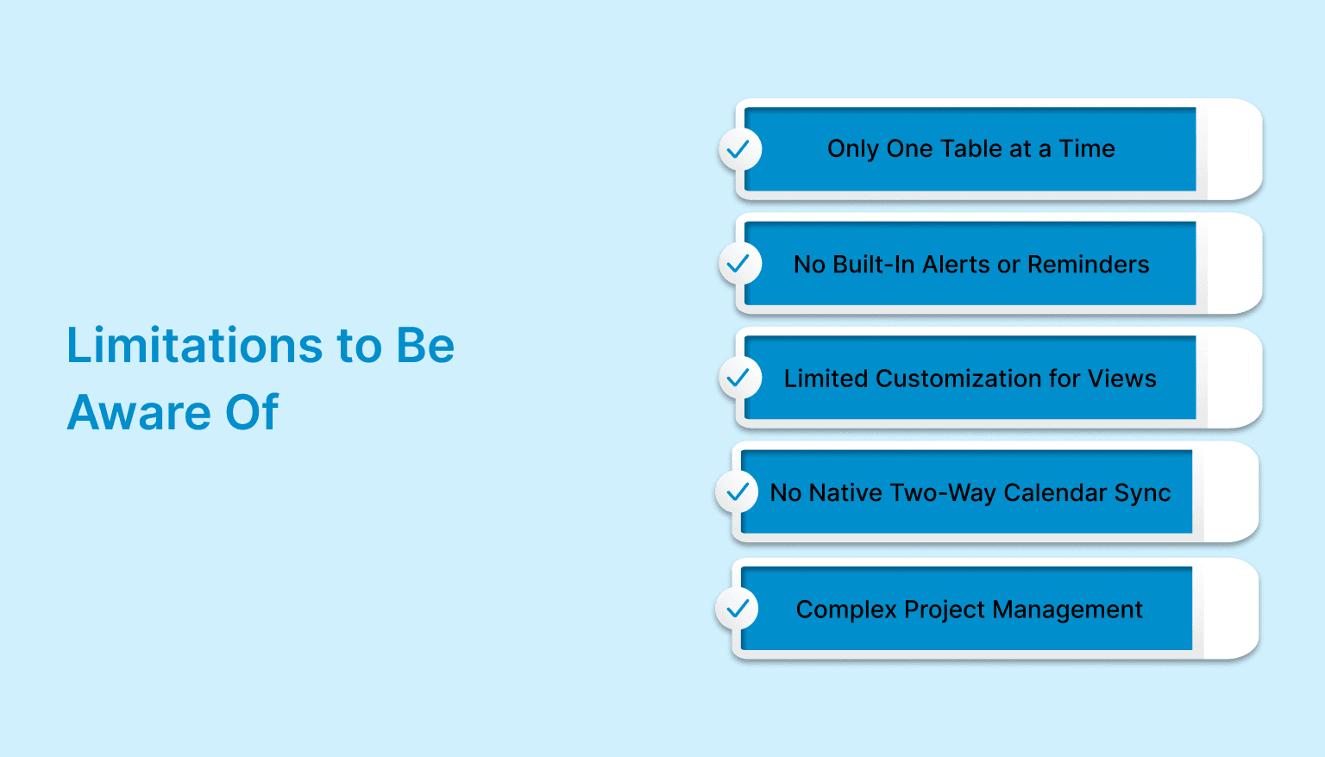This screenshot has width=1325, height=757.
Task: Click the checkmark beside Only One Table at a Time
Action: click(x=739, y=150)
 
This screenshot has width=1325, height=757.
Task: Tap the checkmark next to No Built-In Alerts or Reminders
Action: click(x=739, y=264)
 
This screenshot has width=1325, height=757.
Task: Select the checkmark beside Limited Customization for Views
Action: click(x=739, y=378)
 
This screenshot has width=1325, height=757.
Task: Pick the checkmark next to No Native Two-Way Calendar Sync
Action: click(x=737, y=492)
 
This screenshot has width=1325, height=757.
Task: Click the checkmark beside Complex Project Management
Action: click(x=737, y=610)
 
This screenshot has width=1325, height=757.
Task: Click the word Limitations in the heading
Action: click(x=195, y=346)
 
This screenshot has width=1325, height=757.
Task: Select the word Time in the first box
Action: click(x=1087, y=149)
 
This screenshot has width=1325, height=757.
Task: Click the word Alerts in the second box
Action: click(x=957, y=265)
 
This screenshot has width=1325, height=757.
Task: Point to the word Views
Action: click(x=1121, y=378)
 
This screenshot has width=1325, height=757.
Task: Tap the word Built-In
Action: click(x=874, y=265)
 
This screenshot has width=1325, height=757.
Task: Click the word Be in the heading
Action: click(x=425, y=346)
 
